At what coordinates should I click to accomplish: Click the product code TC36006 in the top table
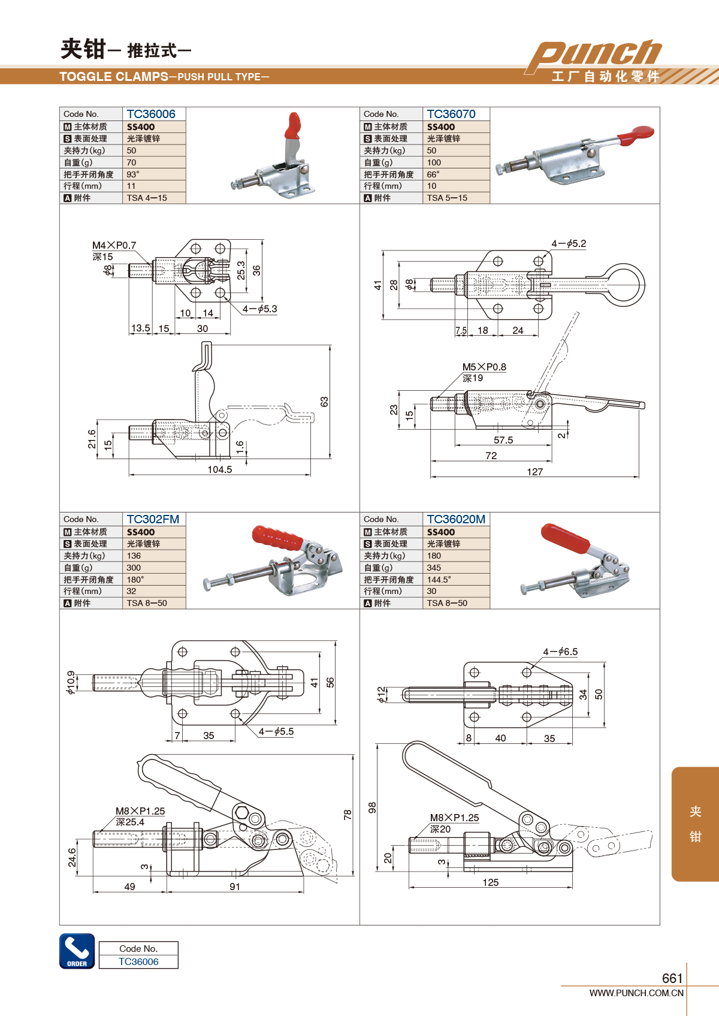pos(151,114)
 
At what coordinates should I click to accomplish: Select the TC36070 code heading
pos(451,114)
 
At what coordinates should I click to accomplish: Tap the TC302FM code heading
pos(153,519)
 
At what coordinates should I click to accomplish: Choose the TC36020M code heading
pos(456,519)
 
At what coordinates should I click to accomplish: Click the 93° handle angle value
pos(133,174)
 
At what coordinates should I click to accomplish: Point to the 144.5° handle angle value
pos(439,580)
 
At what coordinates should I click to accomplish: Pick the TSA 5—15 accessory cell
pos(447,198)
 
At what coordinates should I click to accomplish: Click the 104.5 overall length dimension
pos(220,469)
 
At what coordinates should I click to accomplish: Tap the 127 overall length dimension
pos(535,472)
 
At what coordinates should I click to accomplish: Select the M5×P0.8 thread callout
pos(484,367)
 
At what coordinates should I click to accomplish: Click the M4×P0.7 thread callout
pos(114,245)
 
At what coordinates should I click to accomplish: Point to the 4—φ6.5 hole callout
pos(560,652)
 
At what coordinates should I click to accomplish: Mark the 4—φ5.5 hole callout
pos(276,731)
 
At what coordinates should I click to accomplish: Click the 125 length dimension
pos(491,882)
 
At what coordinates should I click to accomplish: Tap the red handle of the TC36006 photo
pos(294,125)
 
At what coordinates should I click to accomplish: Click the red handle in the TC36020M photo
pos(564,538)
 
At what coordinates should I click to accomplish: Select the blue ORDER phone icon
pos(77,951)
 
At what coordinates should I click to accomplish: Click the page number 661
pos(672,978)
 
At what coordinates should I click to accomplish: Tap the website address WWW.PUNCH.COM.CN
pos(636,993)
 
